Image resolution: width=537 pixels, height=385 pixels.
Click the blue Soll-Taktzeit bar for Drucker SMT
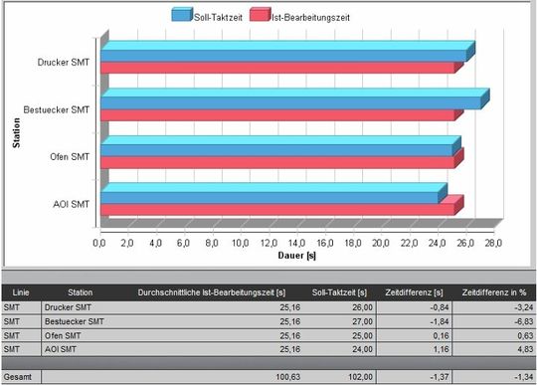[x=283, y=55]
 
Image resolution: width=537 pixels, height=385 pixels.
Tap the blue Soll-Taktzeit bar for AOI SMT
[x=268, y=197]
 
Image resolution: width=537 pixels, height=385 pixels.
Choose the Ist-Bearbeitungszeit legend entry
[x=298, y=16]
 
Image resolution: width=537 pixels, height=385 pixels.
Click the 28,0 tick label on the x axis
[x=493, y=242]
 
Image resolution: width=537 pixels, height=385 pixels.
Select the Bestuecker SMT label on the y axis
[x=57, y=108]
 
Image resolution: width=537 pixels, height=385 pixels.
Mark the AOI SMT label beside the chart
[x=71, y=204]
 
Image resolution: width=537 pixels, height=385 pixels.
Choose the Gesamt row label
[x=19, y=377]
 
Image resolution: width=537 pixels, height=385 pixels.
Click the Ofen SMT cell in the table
[x=88, y=335]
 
